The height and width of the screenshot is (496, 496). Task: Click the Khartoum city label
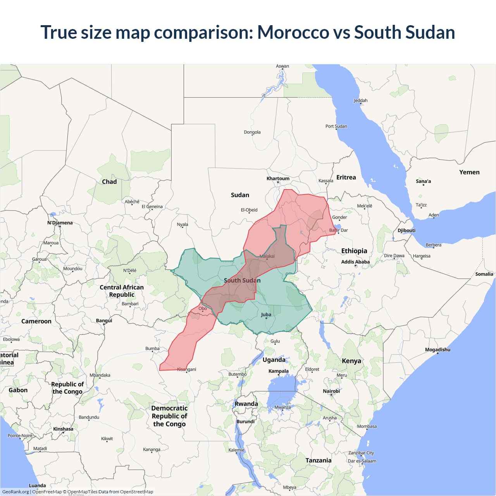pyautogui.click(x=278, y=179)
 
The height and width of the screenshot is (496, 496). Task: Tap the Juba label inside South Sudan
pyautogui.click(x=266, y=315)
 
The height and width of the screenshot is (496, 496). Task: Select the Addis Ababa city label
pyautogui.click(x=355, y=262)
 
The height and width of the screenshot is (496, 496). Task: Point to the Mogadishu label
pyautogui.click(x=437, y=350)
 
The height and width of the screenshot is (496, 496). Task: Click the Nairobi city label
pyautogui.click(x=331, y=391)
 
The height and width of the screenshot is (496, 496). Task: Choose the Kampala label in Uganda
pyautogui.click(x=278, y=371)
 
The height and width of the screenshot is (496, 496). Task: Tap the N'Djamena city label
pyautogui.click(x=60, y=223)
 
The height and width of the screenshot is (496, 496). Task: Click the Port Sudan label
pyautogui.click(x=336, y=126)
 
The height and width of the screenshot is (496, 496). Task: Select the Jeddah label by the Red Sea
pyautogui.click(x=360, y=100)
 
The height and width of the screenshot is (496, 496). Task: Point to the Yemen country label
pyautogui.click(x=469, y=172)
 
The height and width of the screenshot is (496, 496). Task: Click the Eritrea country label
pyautogui.click(x=346, y=177)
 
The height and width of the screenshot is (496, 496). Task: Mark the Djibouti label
pyautogui.click(x=406, y=230)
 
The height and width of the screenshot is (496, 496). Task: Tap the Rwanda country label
pyautogui.click(x=246, y=404)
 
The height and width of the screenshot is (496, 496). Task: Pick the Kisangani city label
pyautogui.click(x=187, y=369)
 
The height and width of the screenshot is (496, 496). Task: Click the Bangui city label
pyautogui.click(x=104, y=320)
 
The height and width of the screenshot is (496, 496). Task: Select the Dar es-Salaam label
pyautogui.click(x=362, y=461)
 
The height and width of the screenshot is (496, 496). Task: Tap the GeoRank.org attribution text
pyautogui.click(x=15, y=492)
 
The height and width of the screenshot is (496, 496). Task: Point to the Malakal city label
pyautogui.click(x=267, y=256)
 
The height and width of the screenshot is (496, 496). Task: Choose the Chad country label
pyautogui.click(x=109, y=182)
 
